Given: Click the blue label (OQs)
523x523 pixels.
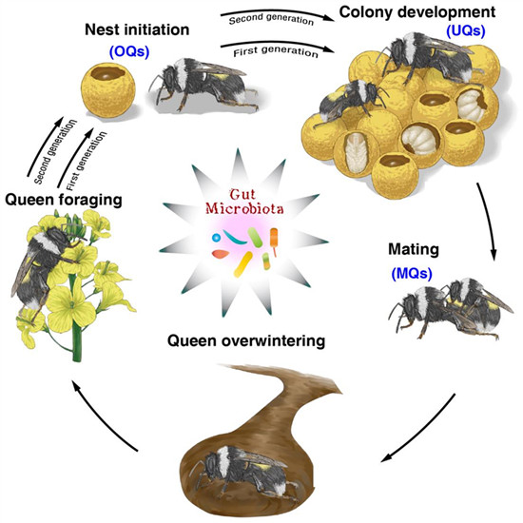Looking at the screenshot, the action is tap(129, 51).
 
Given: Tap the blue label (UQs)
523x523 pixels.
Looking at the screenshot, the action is tap(466, 30).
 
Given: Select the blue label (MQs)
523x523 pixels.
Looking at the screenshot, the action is tap(412, 274).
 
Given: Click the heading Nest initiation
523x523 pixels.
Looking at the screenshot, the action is tap(137, 29).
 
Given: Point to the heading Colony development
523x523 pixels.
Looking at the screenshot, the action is tap(417, 12).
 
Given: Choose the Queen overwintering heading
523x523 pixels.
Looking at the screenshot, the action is tap(246, 340).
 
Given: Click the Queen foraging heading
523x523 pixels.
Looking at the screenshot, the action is tap(64, 200).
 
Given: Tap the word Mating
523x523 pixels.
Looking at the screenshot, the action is tap(414, 249).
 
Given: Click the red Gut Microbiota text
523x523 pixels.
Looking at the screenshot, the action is tap(244, 202).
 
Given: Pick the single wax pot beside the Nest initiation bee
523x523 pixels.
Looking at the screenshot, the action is tap(108, 87).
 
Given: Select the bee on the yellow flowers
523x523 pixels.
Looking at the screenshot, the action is tap(44, 263).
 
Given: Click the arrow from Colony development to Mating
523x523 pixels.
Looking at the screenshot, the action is tap(489, 221).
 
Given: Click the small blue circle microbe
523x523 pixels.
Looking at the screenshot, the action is tap(216, 238).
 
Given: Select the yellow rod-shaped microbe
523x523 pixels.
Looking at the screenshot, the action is tap(243, 264).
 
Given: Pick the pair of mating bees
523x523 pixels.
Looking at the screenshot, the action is tap(451, 308).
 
